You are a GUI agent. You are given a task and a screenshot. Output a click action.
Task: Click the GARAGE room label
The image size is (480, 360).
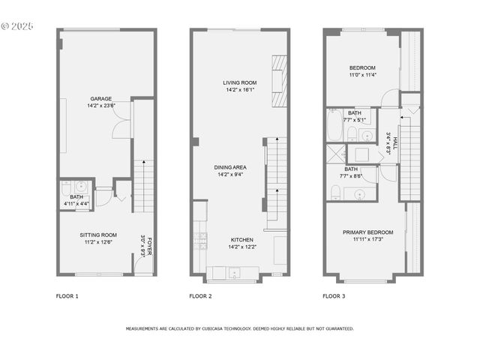pyautogui.click(x=101, y=98)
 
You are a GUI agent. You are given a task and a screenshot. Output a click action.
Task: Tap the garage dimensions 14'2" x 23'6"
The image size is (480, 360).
pyautogui.click(x=101, y=106)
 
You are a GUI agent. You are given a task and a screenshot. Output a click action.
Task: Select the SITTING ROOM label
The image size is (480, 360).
pyautogui.click(x=99, y=235)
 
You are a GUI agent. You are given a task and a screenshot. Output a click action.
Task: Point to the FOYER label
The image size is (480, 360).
pyautogui.click(x=149, y=246)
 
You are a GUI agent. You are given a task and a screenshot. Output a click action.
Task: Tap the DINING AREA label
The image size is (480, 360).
pyautogui.click(x=230, y=167)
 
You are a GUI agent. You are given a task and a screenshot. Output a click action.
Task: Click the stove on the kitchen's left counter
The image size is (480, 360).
pyautogui.click(x=200, y=241)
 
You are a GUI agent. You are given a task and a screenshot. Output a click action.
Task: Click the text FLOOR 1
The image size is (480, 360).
pyautogui.click(x=67, y=296)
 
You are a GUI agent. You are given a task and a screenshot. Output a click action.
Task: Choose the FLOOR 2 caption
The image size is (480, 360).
pyautogui.click(x=200, y=296)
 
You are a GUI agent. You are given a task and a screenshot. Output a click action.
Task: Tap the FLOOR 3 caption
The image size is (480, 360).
pyautogui.click(x=334, y=296)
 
